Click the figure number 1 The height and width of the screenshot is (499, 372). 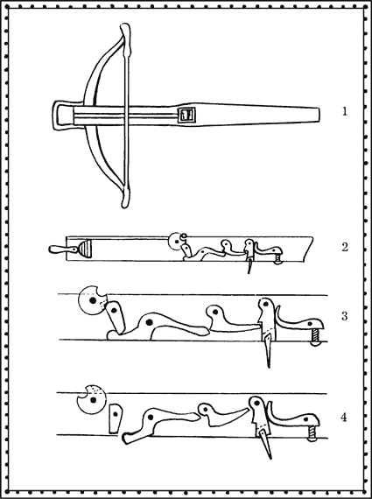344,112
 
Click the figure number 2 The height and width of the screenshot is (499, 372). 345,247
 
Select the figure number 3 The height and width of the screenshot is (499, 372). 344,316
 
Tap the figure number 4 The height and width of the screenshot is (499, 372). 344,418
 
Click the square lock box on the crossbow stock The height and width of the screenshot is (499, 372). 186,115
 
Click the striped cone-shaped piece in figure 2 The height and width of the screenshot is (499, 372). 85,250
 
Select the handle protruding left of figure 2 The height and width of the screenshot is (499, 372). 62,249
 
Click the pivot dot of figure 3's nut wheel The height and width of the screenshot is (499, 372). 93,300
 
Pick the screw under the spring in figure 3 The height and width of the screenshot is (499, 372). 316,337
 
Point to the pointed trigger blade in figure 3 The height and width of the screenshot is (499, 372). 267,349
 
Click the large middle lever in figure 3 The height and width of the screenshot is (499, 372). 158,326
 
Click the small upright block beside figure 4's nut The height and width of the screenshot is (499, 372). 116,418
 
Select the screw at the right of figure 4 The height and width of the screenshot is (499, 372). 312,433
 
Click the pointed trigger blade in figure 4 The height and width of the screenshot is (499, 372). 265,443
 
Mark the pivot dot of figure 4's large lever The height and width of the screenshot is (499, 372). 151,417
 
